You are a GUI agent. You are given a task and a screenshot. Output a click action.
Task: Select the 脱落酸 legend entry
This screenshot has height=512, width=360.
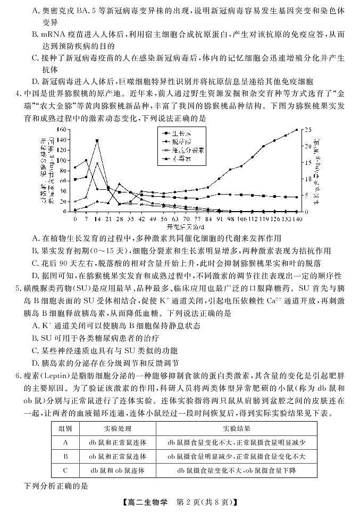point(186,142)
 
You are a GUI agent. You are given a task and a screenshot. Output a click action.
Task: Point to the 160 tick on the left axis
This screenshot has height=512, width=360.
point(62,129)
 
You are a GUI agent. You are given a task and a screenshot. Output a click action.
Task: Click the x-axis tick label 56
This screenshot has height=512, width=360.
point(164,218)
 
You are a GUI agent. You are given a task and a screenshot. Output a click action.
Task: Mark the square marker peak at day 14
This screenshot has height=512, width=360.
point(97,140)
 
